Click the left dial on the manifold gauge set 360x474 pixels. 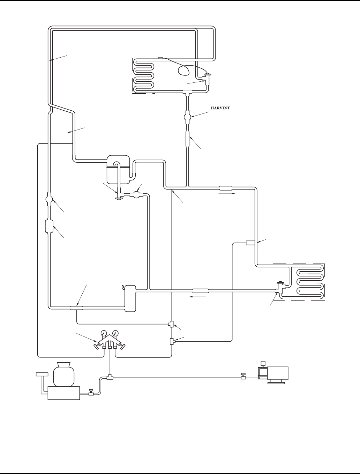click(x=104, y=333)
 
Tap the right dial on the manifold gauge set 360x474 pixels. click(x=116, y=333)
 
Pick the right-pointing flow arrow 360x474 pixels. click(x=226, y=193)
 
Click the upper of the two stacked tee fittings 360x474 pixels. click(x=171, y=324)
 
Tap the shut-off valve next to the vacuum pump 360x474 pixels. click(x=243, y=376)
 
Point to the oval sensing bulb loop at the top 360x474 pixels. click(x=183, y=70)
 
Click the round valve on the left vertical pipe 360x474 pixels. click(x=49, y=200)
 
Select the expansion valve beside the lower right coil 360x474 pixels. click(x=280, y=286)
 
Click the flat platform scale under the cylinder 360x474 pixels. click(x=63, y=393)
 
